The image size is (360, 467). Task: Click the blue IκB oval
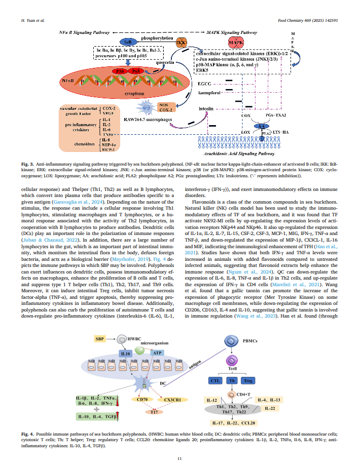pyautogui.click(x=126, y=41)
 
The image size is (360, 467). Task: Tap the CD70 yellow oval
pyautogui.click(x=142, y=399)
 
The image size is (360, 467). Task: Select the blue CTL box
pyautogui.click(x=215, y=380)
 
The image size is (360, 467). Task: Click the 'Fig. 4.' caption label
pyautogui.click(x=27, y=435)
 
